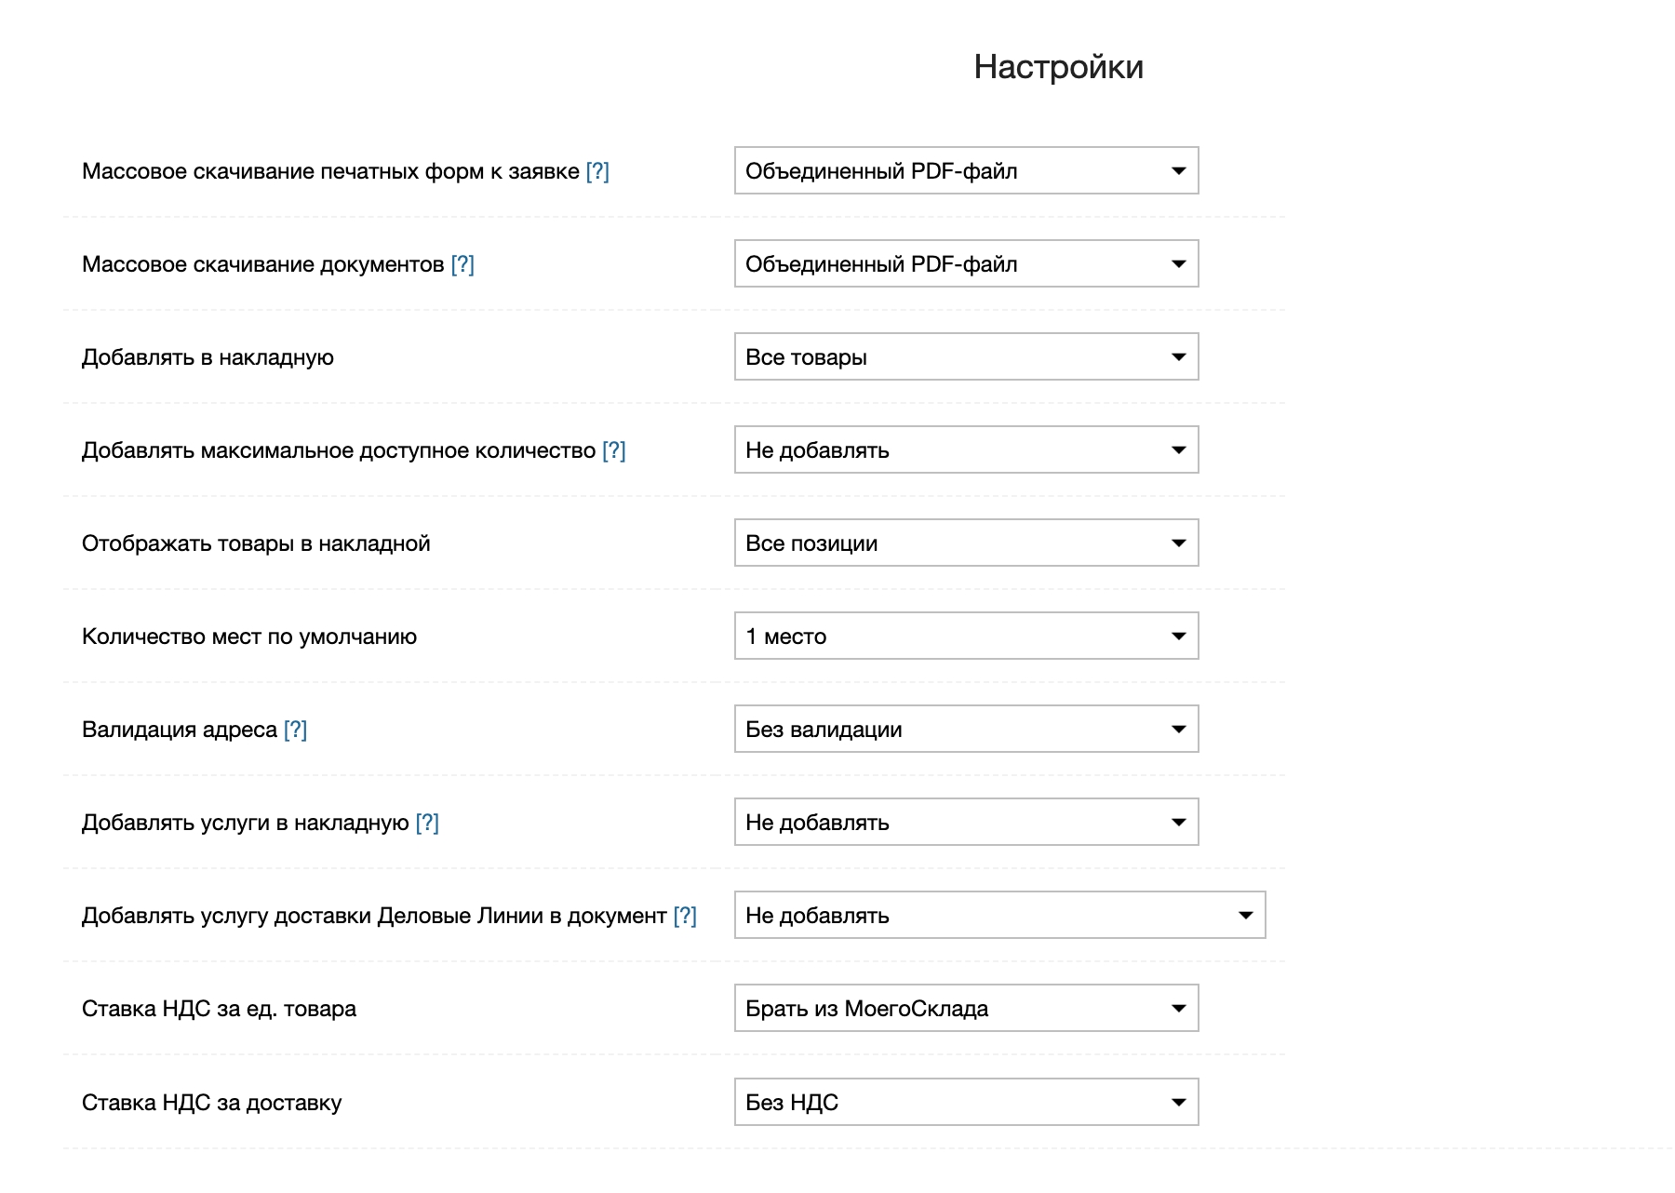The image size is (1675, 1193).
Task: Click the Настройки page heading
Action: pyautogui.click(x=1058, y=67)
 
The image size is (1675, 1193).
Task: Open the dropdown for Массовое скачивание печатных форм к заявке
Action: pyautogui.click(x=966, y=171)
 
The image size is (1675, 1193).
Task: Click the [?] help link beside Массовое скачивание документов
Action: pyautogui.click(x=462, y=264)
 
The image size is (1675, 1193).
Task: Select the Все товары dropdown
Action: pyautogui.click(x=966, y=357)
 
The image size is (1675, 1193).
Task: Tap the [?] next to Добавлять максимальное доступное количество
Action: pyautogui.click(x=614, y=450)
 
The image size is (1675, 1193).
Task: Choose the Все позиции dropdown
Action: pyautogui.click(x=966, y=543)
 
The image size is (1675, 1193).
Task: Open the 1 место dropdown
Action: pyautogui.click(x=966, y=637)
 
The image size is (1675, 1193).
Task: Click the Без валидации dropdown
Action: pyautogui.click(x=966, y=730)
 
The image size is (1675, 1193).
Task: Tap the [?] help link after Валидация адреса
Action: pyautogui.click(x=295, y=730)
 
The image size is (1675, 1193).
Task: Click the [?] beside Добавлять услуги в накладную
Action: pyautogui.click(x=427, y=823)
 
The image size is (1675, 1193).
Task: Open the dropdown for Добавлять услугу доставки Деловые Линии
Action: pyautogui.click(x=999, y=916)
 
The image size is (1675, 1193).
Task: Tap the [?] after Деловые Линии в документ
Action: pyautogui.click(x=685, y=916)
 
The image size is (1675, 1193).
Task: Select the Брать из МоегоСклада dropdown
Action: pyautogui.click(x=966, y=1009)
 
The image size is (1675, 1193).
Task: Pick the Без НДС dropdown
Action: pyautogui.click(x=966, y=1103)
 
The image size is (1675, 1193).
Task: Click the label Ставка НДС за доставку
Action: pyautogui.click(x=212, y=1103)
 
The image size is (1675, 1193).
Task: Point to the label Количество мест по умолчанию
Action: pyautogui.click(x=249, y=637)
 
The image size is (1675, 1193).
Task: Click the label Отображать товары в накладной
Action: pyautogui.click(x=256, y=543)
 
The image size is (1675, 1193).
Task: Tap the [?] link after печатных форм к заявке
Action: pyautogui.click(x=597, y=171)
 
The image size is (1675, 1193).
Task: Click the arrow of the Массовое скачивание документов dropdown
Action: pyautogui.click(x=1178, y=264)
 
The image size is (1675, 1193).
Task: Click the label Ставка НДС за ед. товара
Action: pyautogui.click(x=219, y=1009)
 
